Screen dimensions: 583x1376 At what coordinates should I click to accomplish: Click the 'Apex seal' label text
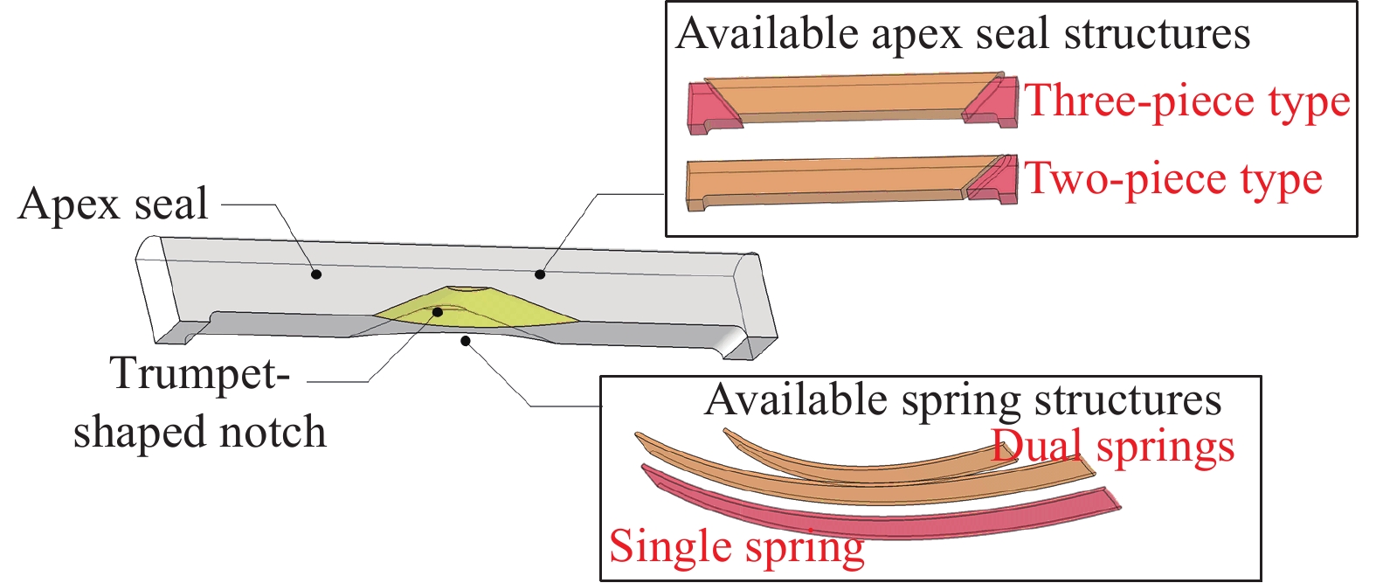click(113, 204)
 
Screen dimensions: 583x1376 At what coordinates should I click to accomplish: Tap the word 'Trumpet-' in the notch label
click(199, 373)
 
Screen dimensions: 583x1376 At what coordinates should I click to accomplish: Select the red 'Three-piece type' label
click(1186, 101)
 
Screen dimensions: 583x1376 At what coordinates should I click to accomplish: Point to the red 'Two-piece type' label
click(1172, 179)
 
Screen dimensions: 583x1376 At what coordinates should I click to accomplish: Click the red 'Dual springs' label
click(1113, 447)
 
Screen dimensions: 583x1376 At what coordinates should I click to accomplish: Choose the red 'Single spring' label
click(736, 547)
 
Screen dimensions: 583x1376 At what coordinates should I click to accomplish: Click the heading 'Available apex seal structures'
click(963, 34)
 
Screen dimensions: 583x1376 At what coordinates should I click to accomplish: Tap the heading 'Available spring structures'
click(963, 400)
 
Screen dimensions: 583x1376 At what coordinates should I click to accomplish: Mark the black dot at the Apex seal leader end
click(316, 274)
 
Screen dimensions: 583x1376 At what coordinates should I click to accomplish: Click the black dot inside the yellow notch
click(438, 311)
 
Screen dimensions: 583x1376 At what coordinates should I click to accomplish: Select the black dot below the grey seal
click(467, 341)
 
